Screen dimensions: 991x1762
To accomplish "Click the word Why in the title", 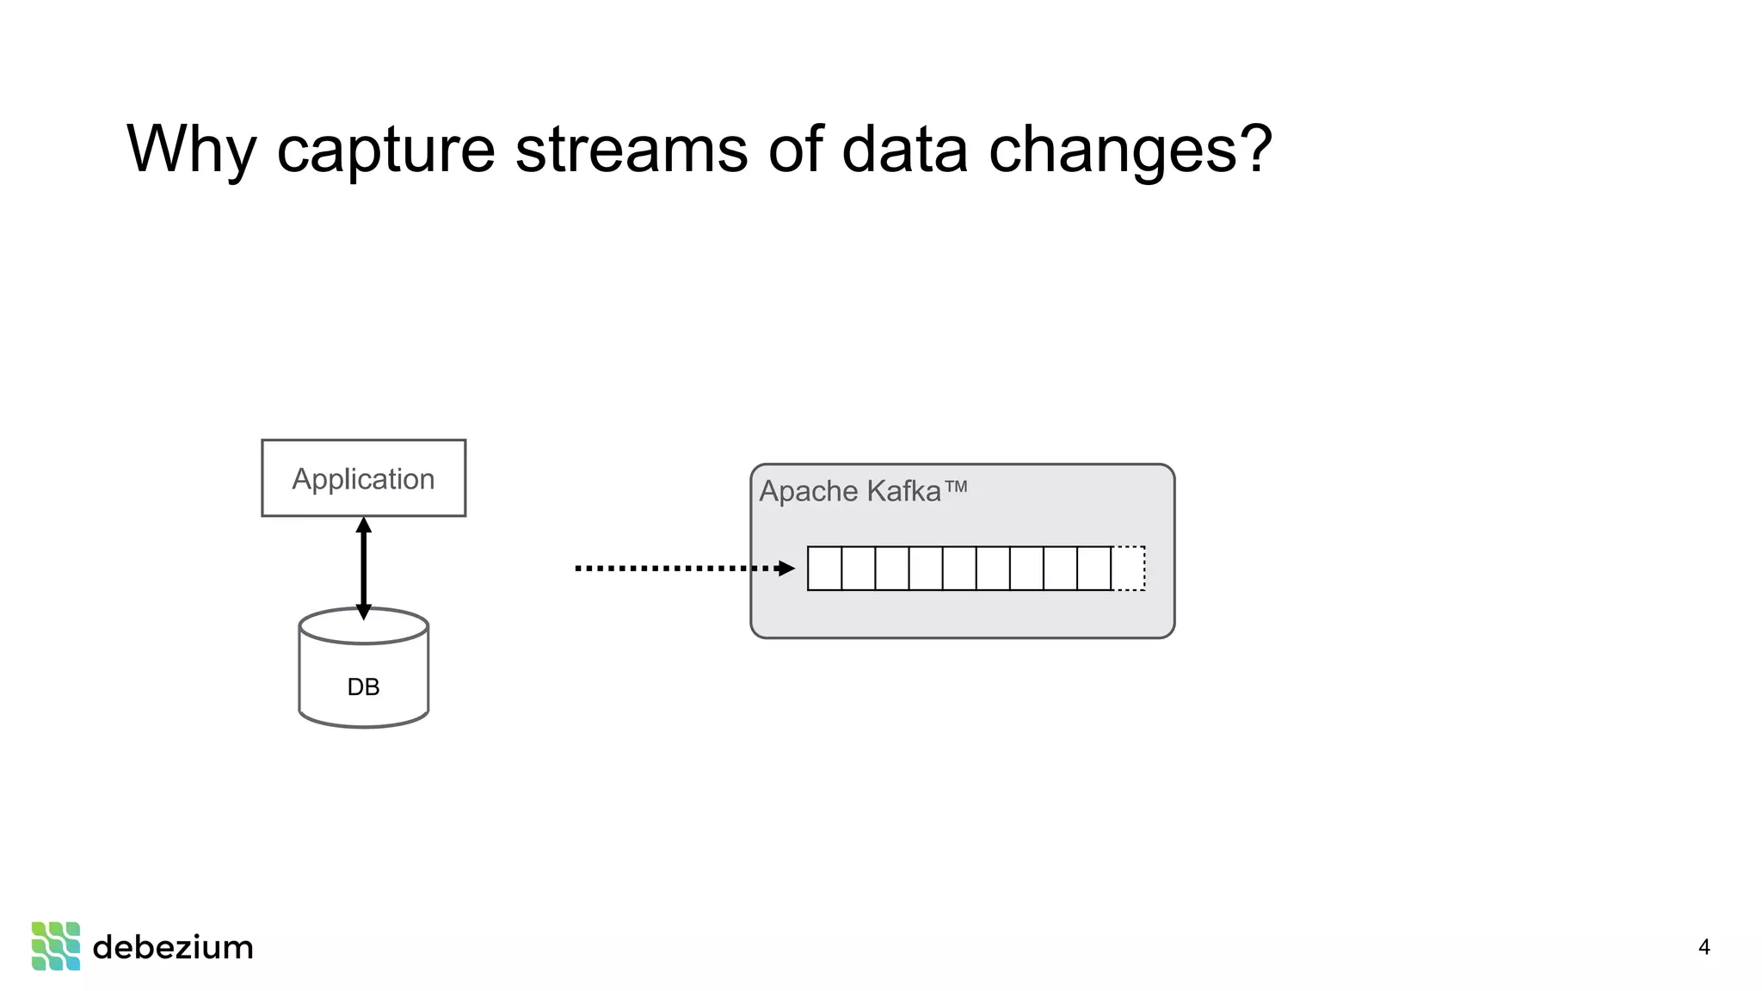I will [191, 150].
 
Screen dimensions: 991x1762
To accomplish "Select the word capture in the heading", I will [385, 150].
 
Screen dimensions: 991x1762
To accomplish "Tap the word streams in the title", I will [631, 150].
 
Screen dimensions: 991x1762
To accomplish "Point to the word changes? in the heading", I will [1130, 150].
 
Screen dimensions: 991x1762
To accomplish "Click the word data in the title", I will [903, 150].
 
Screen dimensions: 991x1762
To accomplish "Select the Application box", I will [363, 478].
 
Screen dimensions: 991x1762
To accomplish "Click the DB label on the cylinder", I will [363, 686].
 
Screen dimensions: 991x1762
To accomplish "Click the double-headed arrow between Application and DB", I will [363, 568].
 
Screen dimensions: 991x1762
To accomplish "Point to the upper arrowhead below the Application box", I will [363, 526].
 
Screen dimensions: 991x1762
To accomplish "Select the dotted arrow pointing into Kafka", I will [671, 568].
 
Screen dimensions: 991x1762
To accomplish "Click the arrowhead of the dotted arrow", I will [786, 568].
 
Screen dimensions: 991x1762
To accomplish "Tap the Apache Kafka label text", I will [849, 491].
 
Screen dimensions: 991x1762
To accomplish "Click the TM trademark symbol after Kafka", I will [956, 487].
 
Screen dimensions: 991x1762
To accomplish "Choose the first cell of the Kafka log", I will [824, 568].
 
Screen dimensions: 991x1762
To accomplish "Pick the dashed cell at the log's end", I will [1128, 568].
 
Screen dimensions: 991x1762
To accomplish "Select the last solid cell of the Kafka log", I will [1094, 568].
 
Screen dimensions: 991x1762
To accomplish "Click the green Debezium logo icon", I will [56, 945].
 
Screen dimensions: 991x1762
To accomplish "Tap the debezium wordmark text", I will [173, 947].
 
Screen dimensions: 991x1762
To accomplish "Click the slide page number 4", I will [1703, 947].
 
